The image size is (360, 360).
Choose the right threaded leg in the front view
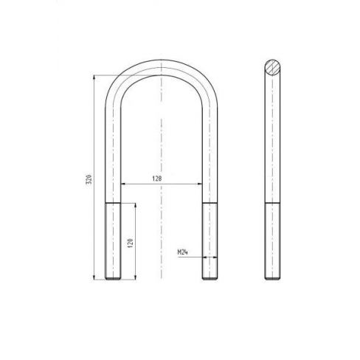(209, 240)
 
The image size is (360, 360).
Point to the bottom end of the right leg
(209, 279)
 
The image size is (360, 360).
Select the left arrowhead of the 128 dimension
(123, 184)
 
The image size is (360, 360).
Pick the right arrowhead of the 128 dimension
(201, 184)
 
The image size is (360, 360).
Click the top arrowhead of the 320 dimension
(94, 76)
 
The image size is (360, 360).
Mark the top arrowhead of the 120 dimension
(136, 204)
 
